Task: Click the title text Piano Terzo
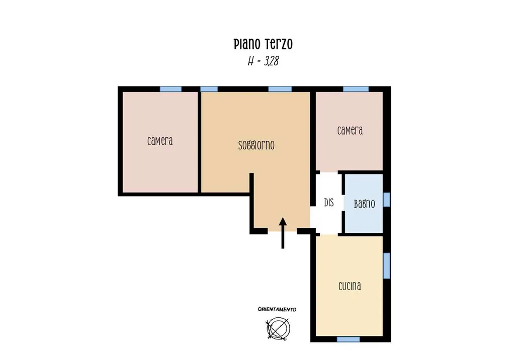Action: point(263,44)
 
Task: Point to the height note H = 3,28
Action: point(263,61)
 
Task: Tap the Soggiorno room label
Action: point(256,145)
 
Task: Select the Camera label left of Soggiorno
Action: point(160,141)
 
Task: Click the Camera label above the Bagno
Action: point(350,131)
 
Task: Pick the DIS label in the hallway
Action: point(329,203)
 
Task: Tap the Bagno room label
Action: point(364,204)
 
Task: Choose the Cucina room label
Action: point(350,286)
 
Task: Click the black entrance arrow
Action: point(283,233)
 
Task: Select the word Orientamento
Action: point(277,309)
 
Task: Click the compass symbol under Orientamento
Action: point(278,328)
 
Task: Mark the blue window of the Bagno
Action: point(387,200)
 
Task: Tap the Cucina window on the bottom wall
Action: point(348,339)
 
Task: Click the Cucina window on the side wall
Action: point(387,265)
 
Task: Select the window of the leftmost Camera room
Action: point(170,89)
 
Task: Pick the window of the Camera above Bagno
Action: point(356,89)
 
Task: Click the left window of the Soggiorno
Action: point(209,89)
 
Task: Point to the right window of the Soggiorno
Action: point(280,89)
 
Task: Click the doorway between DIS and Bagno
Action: point(343,203)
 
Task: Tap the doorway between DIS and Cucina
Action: point(329,234)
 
